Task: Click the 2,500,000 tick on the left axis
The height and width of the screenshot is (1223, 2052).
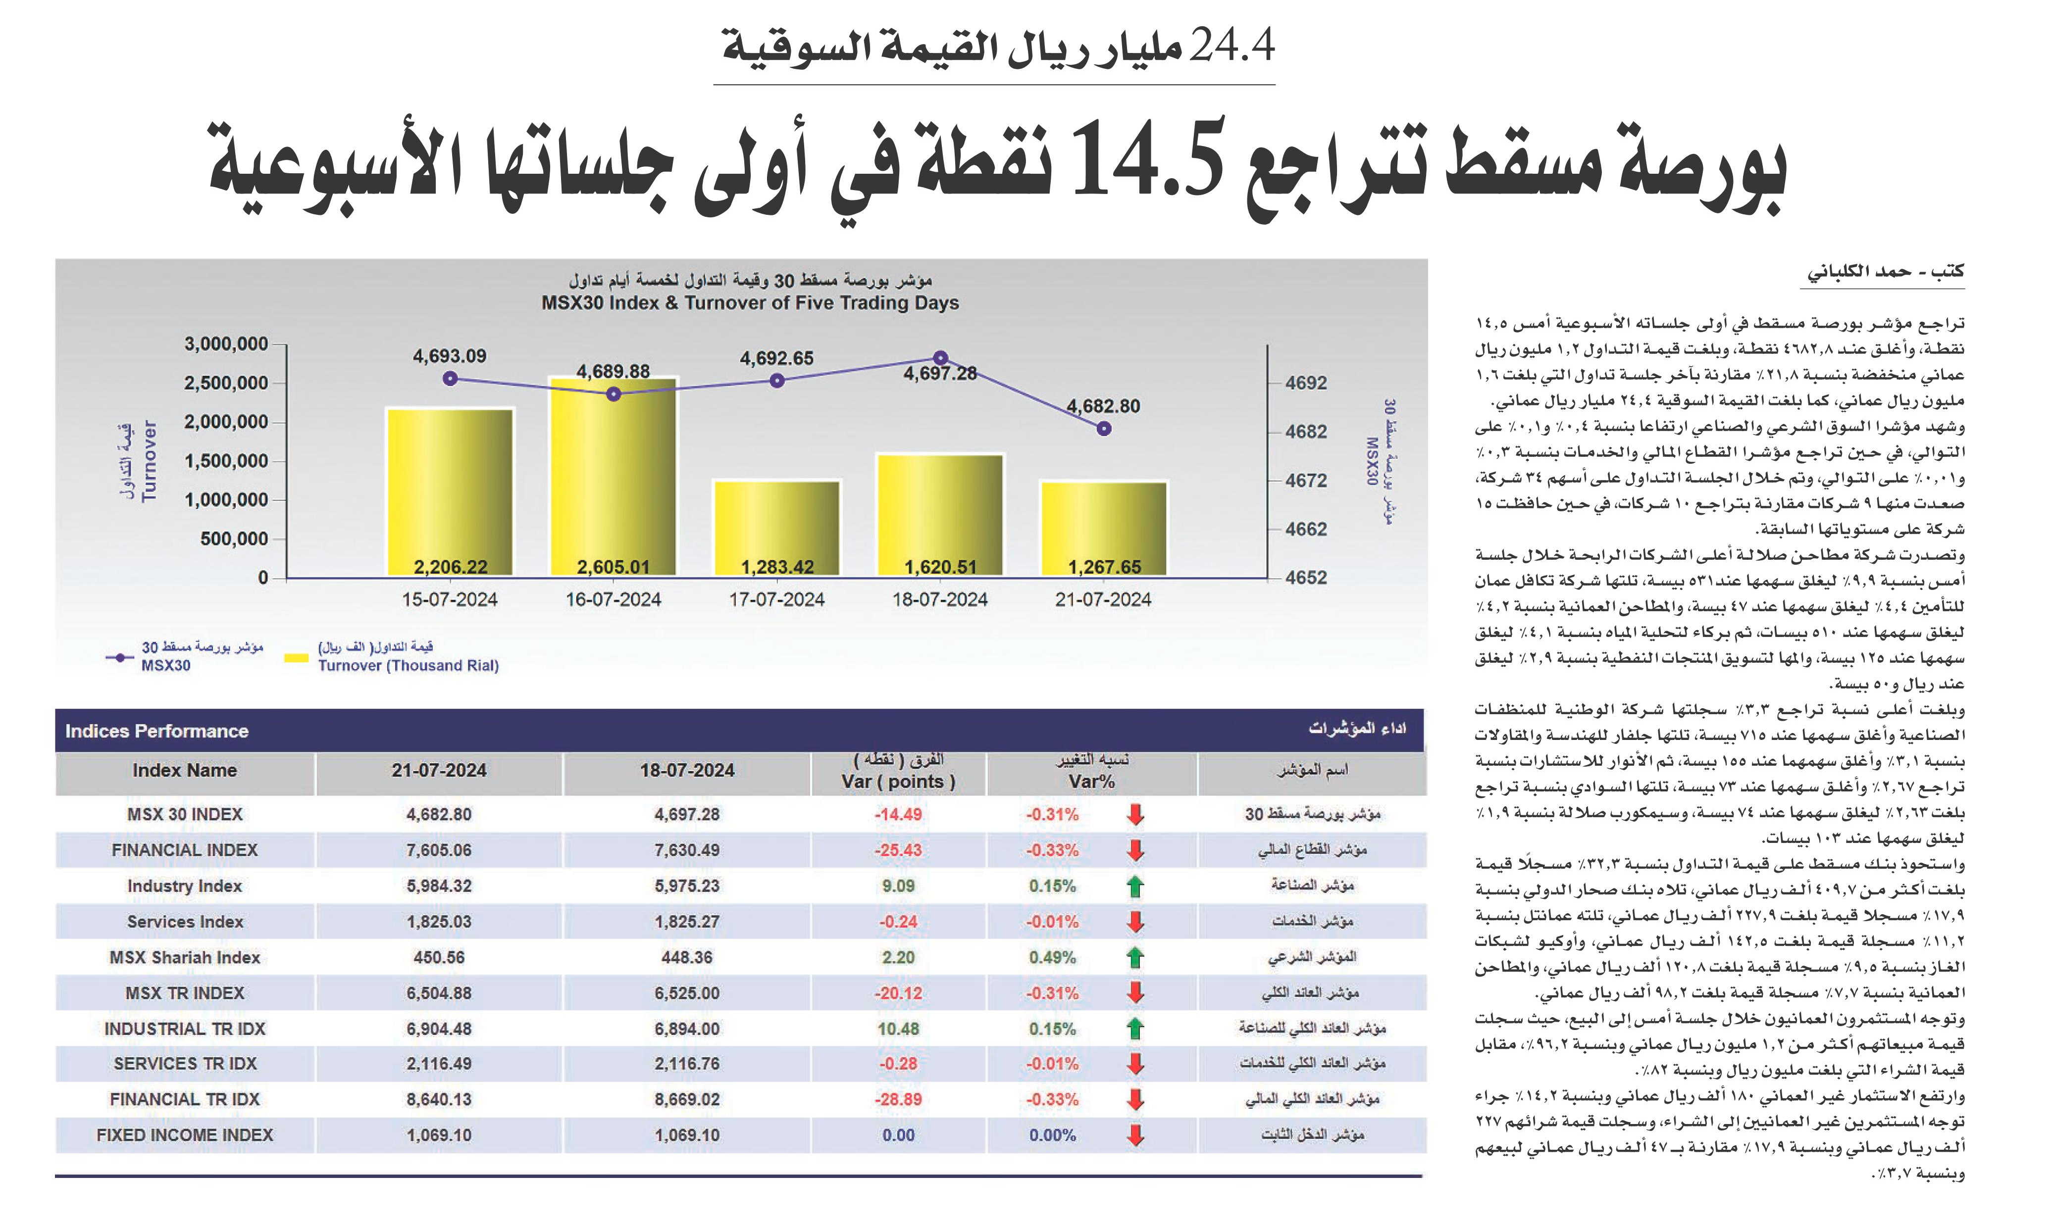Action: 226,383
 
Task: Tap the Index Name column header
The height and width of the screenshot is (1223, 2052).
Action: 185,771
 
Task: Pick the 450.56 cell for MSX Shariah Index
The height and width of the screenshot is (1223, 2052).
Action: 439,958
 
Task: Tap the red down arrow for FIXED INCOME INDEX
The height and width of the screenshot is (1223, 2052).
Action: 1135,1135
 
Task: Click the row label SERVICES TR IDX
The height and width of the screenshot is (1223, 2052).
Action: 186,1064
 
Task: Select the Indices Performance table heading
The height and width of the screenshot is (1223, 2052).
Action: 156,731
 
